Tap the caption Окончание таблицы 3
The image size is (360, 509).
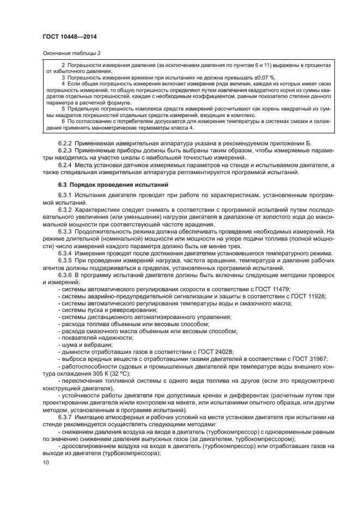(71, 53)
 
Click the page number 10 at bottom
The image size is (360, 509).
(46, 463)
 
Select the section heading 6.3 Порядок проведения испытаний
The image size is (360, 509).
(106, 185)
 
